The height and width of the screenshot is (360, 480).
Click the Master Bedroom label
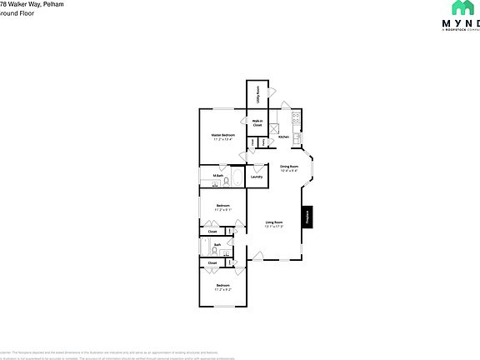click(x=222, y=134)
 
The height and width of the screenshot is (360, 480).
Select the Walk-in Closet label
click(x=257, y=122)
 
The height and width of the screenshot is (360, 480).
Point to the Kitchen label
click(x=283, y=137)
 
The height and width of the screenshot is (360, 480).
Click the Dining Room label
click(x=289, y=167)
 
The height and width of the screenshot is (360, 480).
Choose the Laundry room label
click(x=257, y=177)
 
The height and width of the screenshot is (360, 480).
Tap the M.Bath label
click(x=217, y=176)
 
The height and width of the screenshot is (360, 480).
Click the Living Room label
click(x=273, y=222)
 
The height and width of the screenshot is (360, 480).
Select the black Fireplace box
click(x=307, y=217)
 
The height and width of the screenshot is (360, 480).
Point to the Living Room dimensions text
click(x=273, y=227)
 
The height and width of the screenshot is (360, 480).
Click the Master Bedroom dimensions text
click(x=222, y=138)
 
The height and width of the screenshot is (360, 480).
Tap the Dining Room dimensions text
click(x=289, y=172)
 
